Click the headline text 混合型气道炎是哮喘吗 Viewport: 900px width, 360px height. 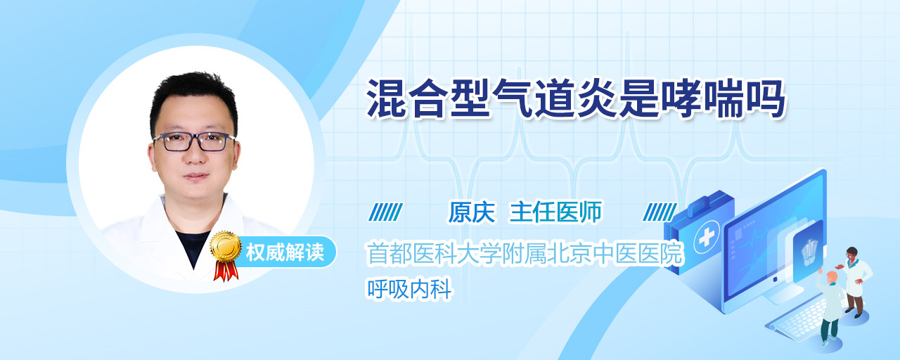click(x=576, y=99)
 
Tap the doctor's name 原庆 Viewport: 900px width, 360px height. click(x=472, y=212)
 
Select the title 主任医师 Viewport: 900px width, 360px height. click(x=555, y=212)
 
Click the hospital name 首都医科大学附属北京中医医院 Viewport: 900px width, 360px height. click(x=525, y=254)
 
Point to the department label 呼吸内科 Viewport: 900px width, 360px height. click(x=409, y=289)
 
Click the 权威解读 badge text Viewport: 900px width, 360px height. click(x=285, y=252)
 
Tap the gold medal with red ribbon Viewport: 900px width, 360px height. click(x=226, y=255)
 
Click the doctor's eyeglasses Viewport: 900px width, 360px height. click(x=194, y=142)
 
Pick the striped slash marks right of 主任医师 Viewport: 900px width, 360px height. click(x=660, y=212)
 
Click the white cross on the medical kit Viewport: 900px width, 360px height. click(x=707, y=237)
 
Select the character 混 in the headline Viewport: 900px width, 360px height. click(x=386, y=99)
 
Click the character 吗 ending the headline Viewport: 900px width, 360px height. click(x=766, y=99)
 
